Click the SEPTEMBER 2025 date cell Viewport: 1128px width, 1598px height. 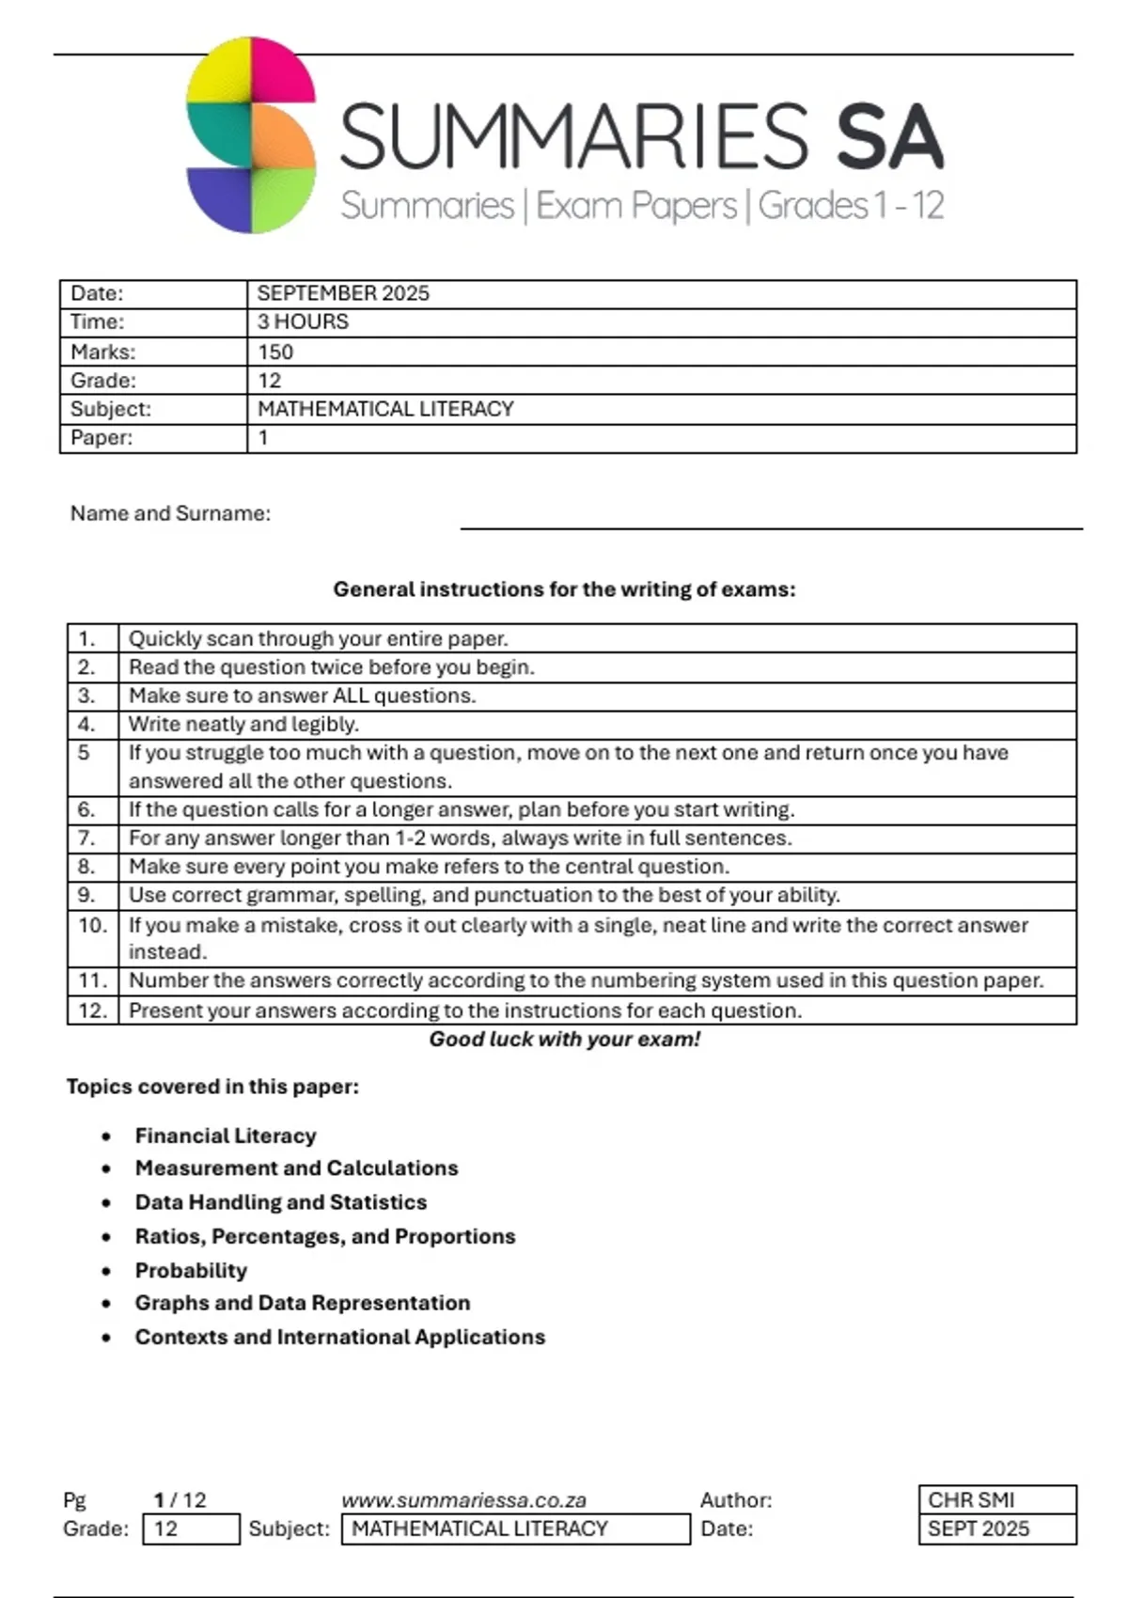(x=343, y=293)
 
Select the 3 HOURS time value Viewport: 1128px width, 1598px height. (x=303, y=321)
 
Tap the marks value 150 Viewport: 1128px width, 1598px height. (x=275, y=352)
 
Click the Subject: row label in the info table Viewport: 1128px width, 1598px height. (x=110, y=409)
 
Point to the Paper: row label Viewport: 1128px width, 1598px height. (x=101, y=437)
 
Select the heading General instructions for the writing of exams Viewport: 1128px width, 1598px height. (x=564, y=589)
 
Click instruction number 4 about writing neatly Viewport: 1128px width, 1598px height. (x=243, y=724)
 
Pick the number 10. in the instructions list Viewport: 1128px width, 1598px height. (x=92, y=925)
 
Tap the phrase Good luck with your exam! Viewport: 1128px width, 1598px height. (x=564, y=1039)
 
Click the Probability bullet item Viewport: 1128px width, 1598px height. (x=191, y=1270)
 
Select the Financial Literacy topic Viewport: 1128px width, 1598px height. (x=226, y=1136)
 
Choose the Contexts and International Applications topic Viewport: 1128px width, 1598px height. (x=339, y=1337)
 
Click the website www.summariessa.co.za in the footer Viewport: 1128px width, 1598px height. (x=463, y=1500)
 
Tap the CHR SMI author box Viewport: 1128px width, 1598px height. (x=996, y=1499)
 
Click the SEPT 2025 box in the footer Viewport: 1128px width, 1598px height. (x=996, y=1528)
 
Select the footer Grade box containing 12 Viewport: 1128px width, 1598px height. (x=191, y=1528)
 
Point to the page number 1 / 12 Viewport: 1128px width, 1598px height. (x=180, y=1500)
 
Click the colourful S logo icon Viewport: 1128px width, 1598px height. (x=251, y=135)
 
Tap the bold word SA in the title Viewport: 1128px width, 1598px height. (x=888, y=137)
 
